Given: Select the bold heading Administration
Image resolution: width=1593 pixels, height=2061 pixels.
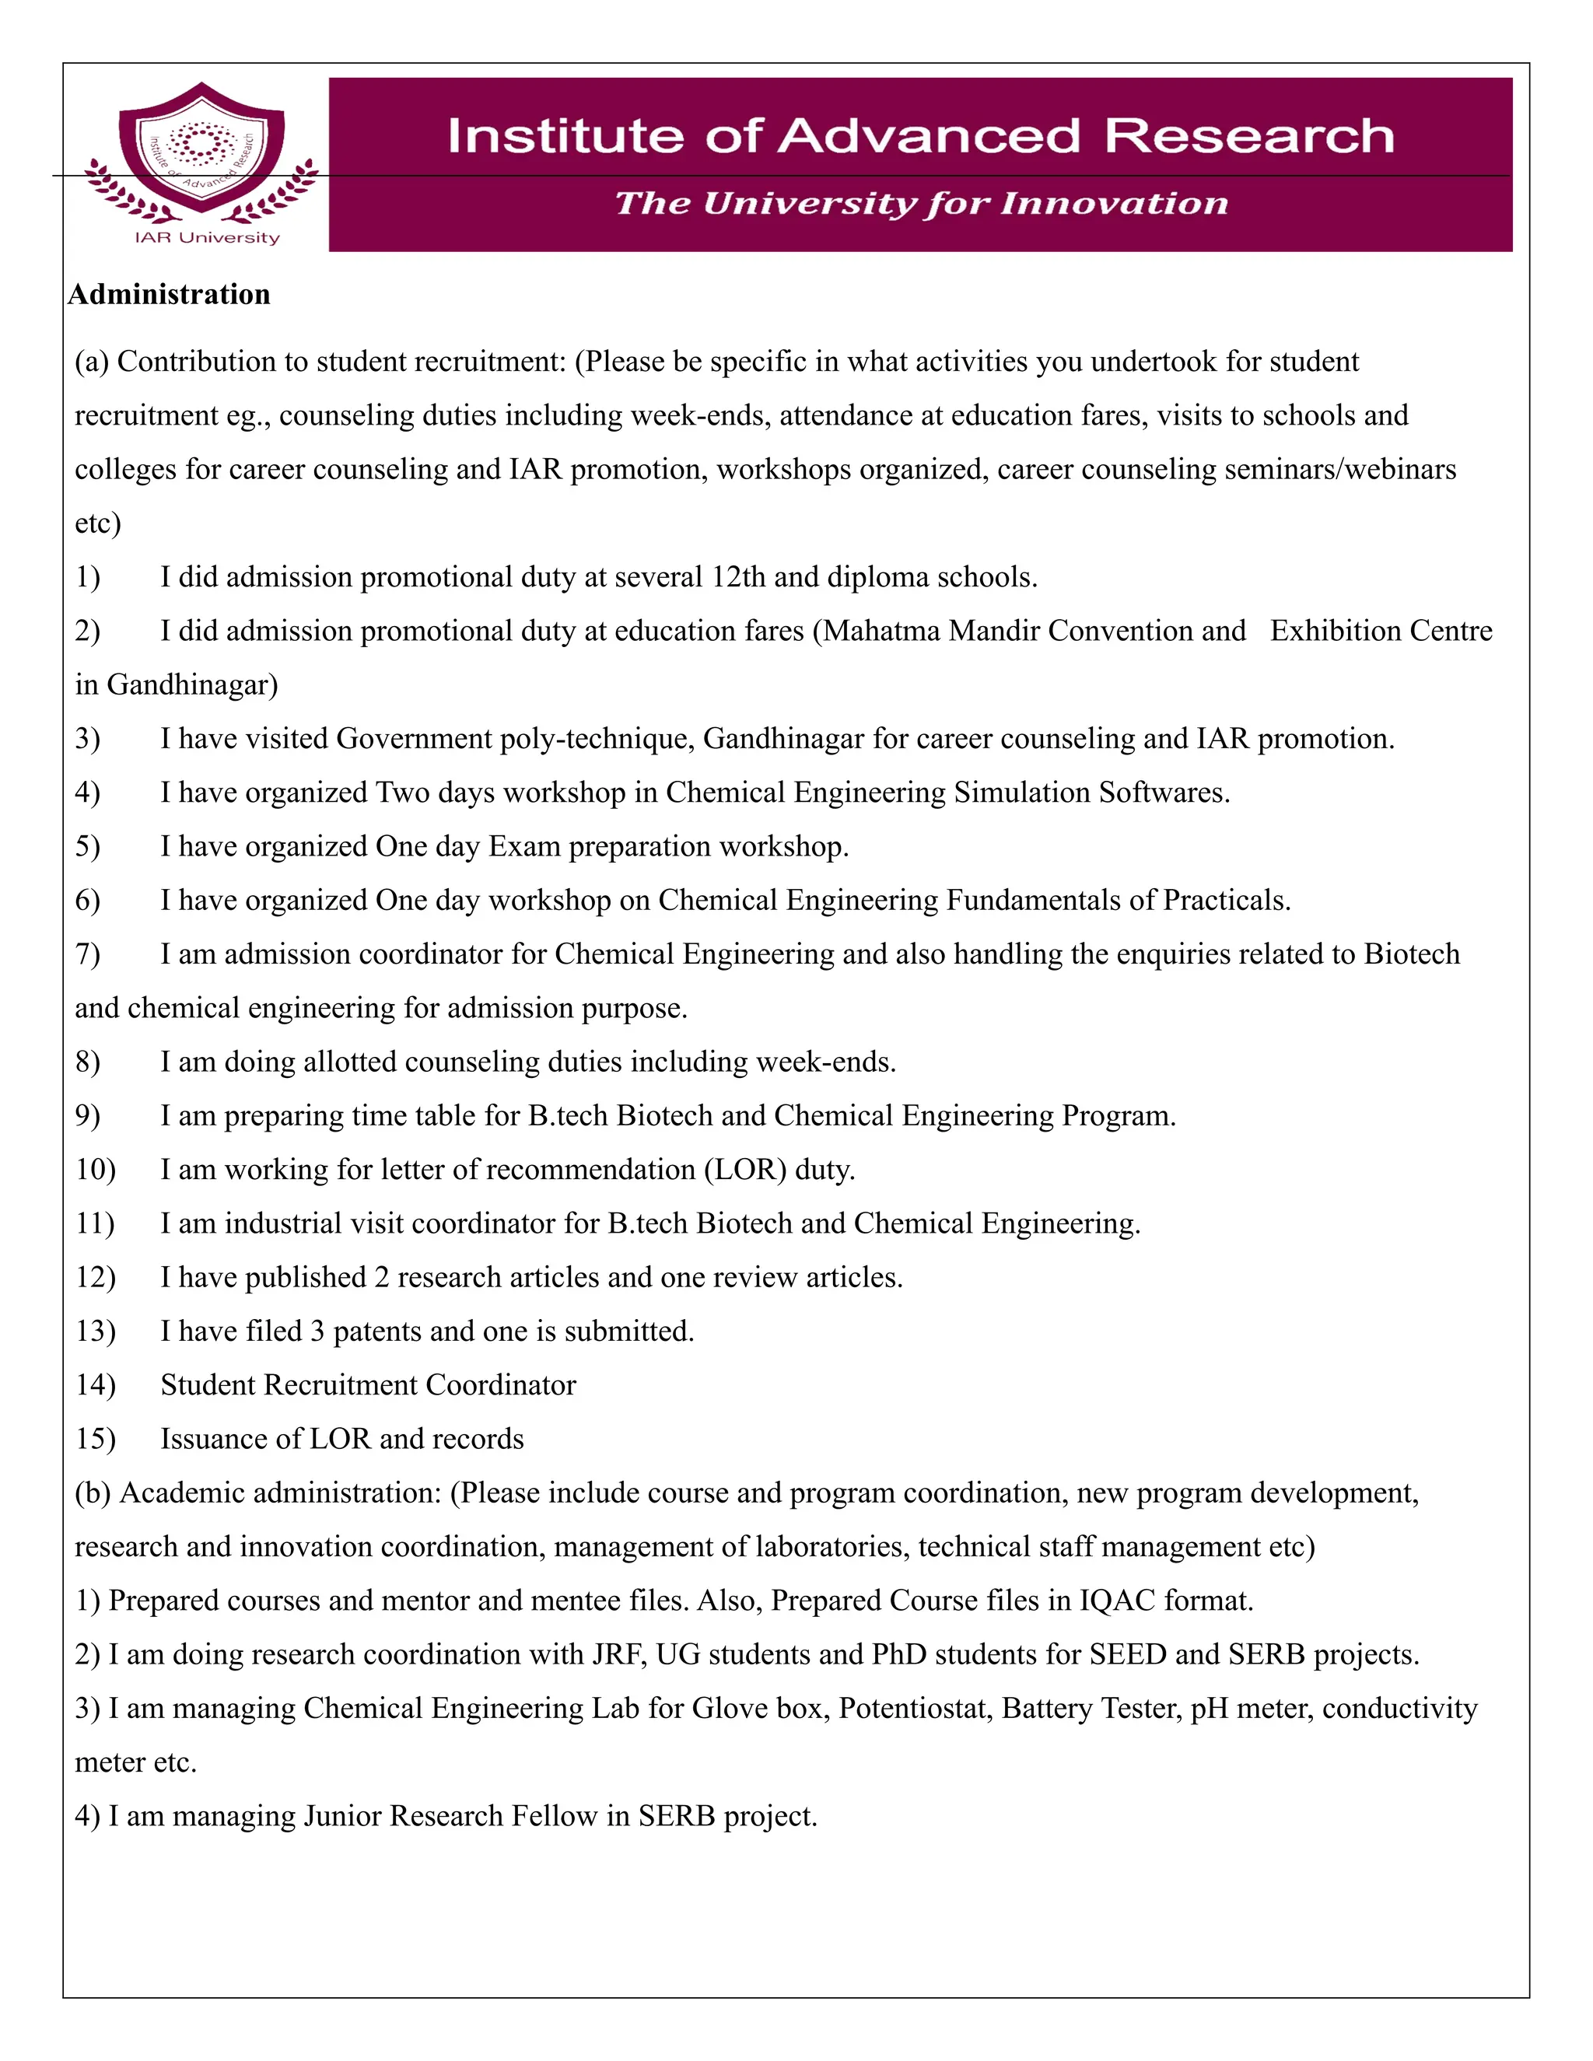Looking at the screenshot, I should pos(169,295).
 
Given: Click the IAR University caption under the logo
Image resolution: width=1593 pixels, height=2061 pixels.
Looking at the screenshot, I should pos(207,238).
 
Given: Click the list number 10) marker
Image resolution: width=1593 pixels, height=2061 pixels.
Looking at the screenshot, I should pos(96,1169).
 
